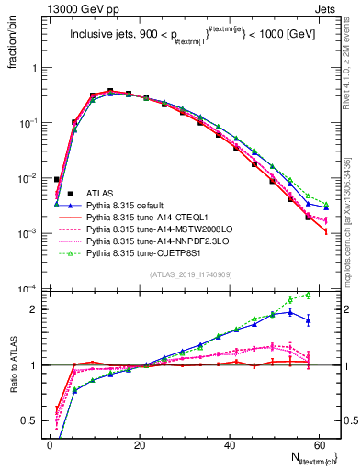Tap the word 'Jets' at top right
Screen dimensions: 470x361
click(325, 8)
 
